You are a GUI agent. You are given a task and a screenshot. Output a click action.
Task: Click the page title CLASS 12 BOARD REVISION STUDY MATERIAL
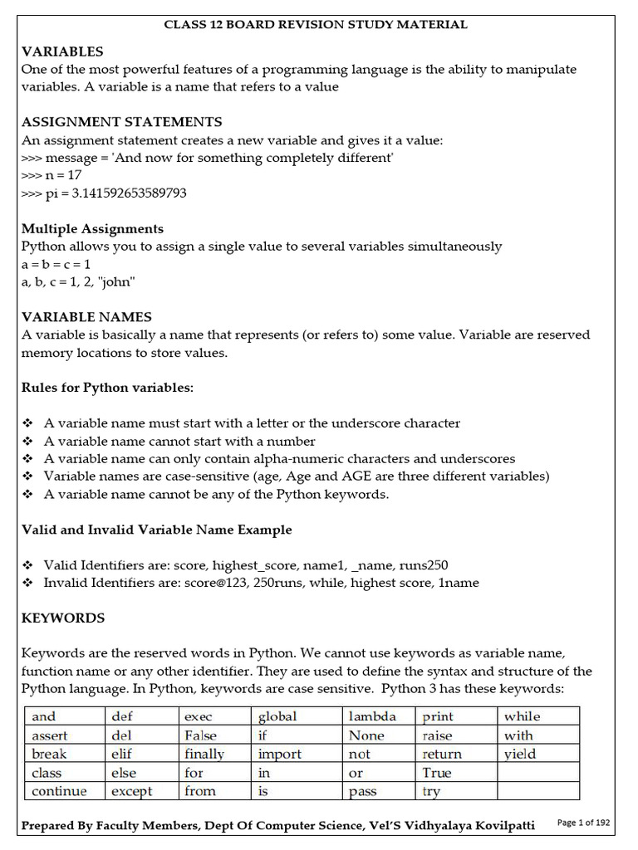pyautogui.click(x=316, y=24)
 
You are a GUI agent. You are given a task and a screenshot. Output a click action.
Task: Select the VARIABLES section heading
pyautogui.click(x=62, y=51)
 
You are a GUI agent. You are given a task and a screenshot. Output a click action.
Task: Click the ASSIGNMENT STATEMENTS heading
pyautogui.click(x=121, y=122)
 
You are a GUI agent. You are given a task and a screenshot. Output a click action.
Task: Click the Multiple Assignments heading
pyautogui.click(x=92, y=228)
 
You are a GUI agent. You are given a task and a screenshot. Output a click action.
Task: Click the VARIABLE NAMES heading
pyautogui.click(x=86, y=316)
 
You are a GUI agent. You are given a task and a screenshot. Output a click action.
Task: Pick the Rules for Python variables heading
pyautogui.click(x=107, y=388)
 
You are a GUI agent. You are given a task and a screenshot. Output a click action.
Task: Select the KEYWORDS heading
pyautogui.click(x=63, y=618)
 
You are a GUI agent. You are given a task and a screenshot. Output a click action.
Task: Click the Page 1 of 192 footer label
pyautogui.click(x=583, y=823)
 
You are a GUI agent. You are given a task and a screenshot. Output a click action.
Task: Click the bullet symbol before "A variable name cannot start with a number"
pyautogui.click(x=27, y=442)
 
